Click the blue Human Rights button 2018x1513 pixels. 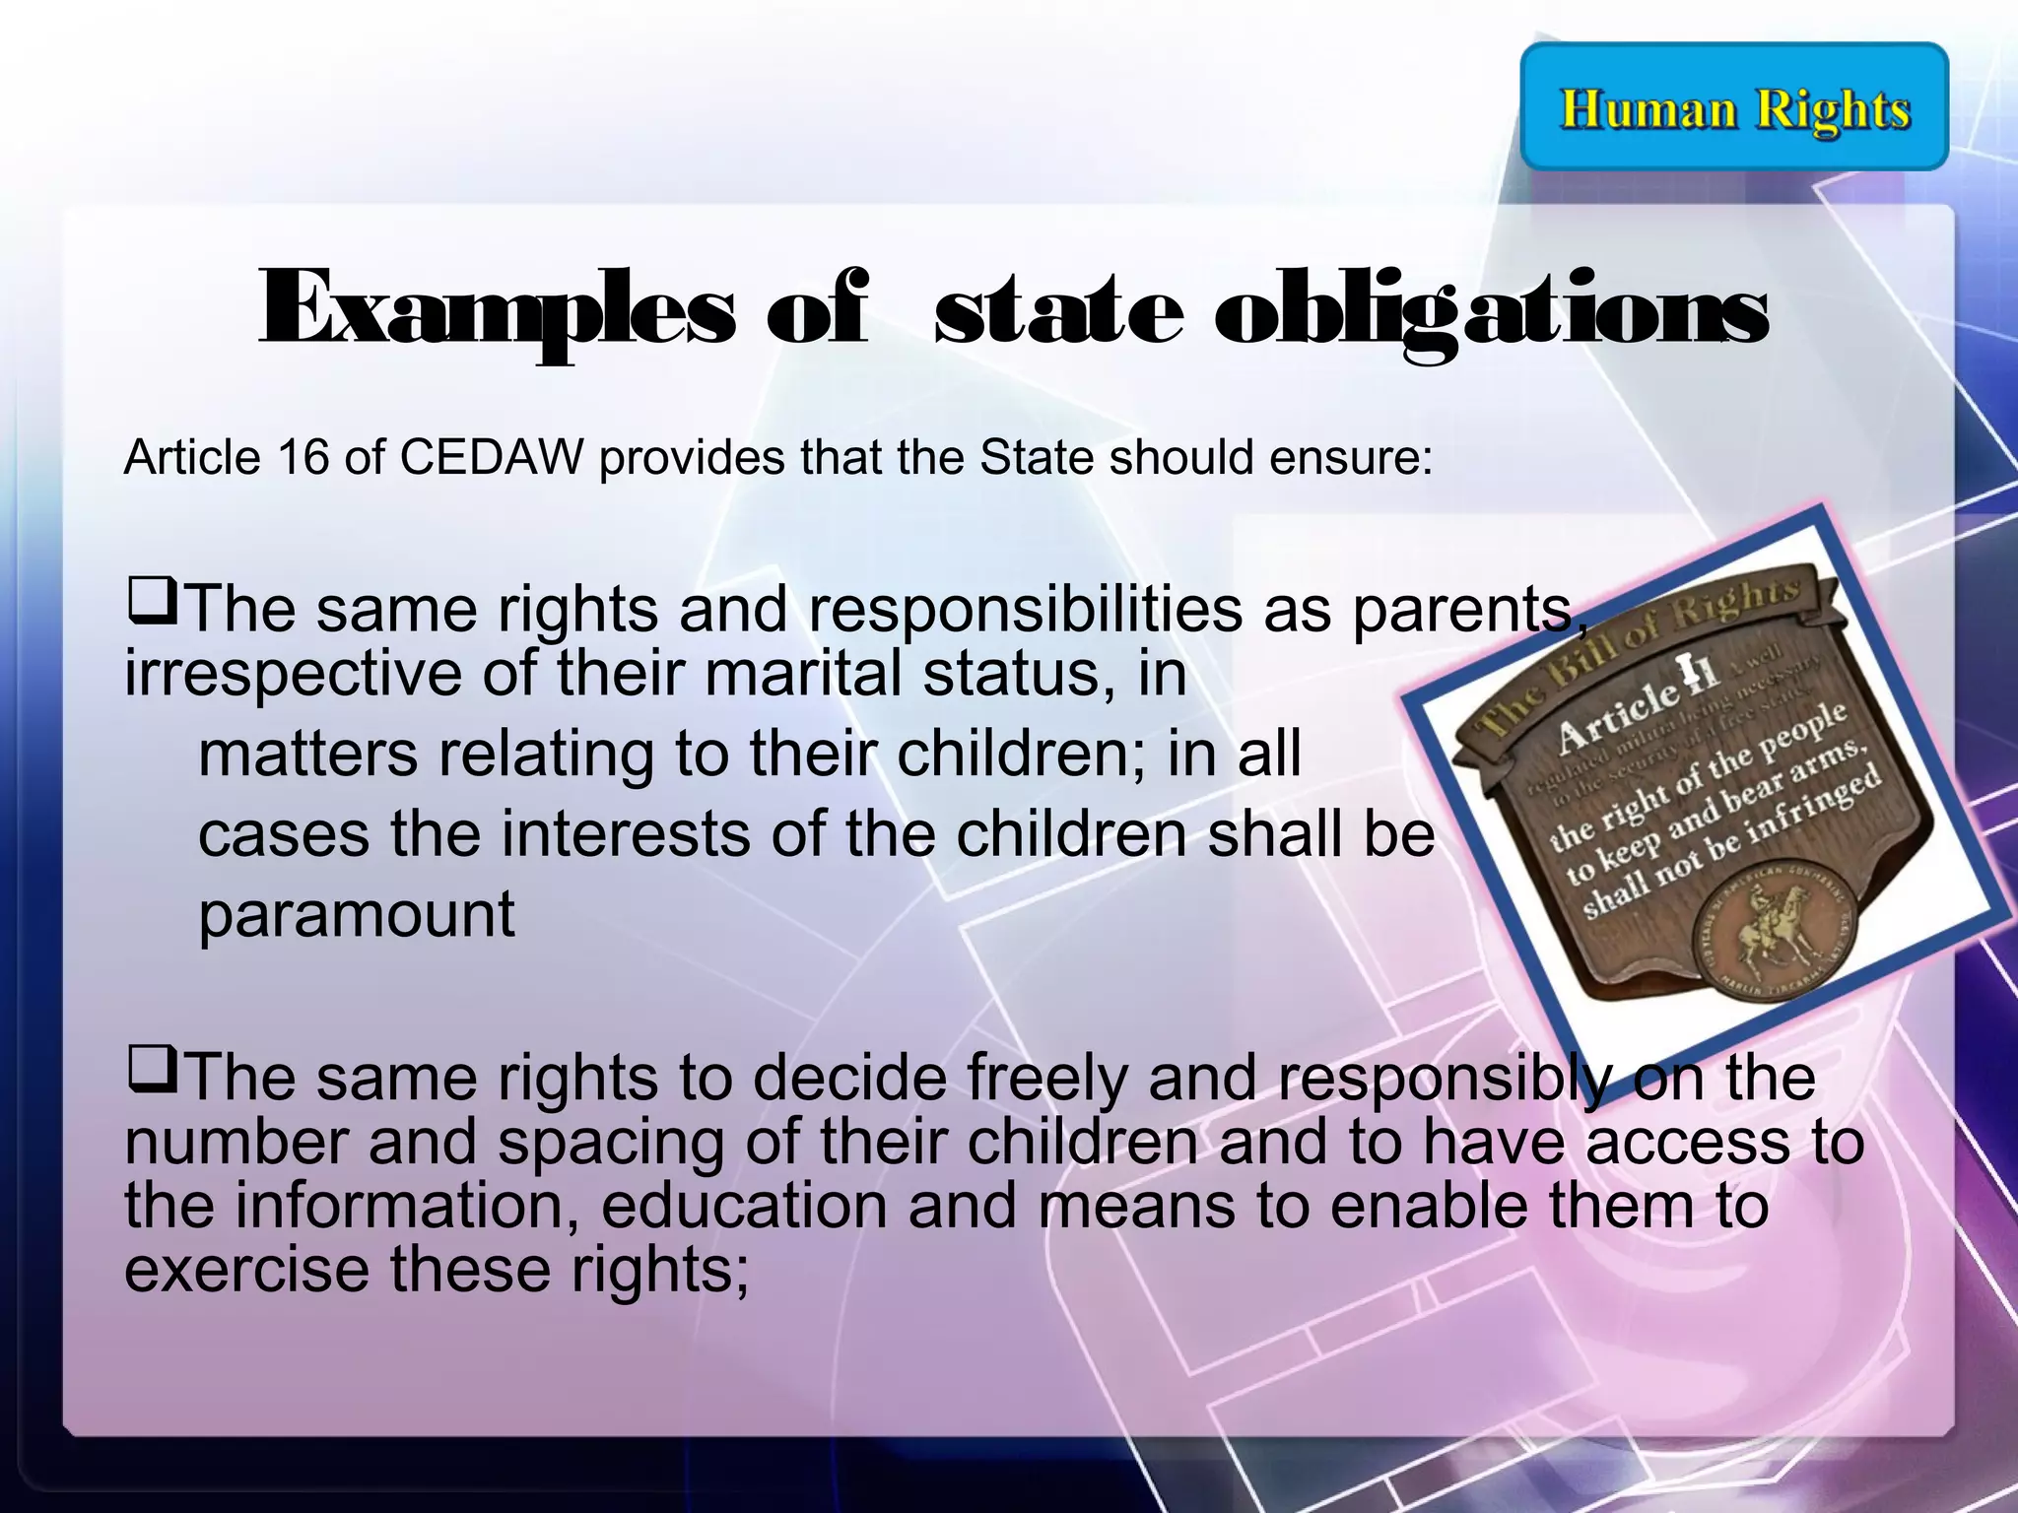pyautogui.click(x=1734, y=107)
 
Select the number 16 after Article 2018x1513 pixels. pyautogui.click(x=303, y=457)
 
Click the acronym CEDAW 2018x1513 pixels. pyautogui.click(x=492, y=457)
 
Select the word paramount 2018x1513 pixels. pyautogui.click(x=357, y=915)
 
